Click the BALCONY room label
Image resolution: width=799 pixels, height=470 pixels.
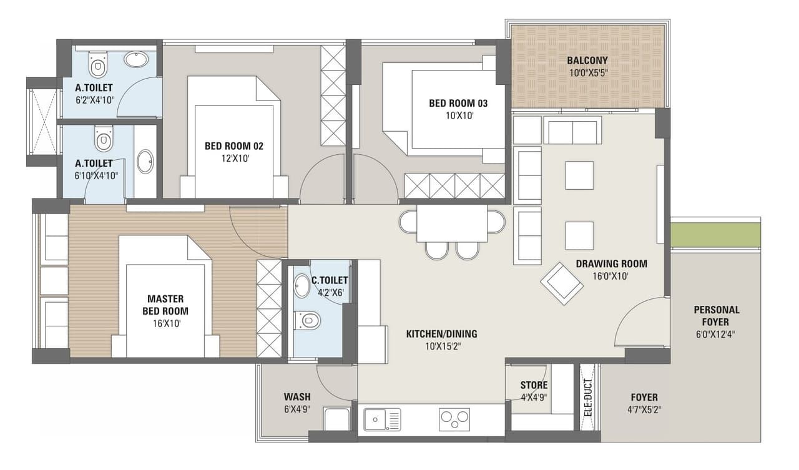point(587,61)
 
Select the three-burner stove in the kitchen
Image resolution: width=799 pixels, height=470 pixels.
point(454,419)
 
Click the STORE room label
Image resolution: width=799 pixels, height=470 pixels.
point(534,385)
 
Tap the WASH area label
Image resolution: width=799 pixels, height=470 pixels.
point(297,397)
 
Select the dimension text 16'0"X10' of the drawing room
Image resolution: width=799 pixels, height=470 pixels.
point(611,276)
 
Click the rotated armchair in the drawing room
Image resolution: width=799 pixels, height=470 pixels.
point(562,283)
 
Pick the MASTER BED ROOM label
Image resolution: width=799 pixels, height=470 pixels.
point(165,305)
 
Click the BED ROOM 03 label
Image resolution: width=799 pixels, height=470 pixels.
point(458,103)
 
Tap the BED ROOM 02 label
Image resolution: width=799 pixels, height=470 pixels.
point(233,146)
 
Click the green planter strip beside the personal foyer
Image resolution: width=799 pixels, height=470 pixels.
point(715,235)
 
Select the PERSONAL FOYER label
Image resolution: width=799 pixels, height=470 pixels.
point(716,315)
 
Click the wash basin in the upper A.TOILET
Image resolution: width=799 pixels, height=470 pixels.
point(136,59)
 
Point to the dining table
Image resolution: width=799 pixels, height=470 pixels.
point(452,223)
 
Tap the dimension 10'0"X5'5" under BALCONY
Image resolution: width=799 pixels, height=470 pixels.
point(587,72)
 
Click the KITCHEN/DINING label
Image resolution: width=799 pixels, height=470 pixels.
point(441,334)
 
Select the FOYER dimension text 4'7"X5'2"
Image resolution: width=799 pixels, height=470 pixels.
point(644,410)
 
